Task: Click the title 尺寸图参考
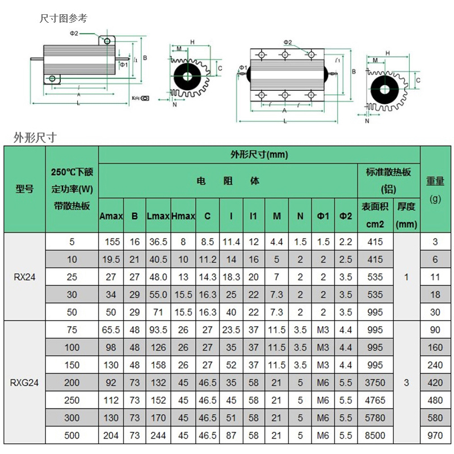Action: pos(64,19)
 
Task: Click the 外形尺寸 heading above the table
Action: pos(35,137)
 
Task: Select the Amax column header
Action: pos(111,216)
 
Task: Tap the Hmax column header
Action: pos(183,216)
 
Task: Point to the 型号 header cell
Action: pos(24,189)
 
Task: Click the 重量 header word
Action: pos(435,182)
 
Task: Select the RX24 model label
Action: pos(24,277)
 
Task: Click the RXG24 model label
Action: pos(24,382)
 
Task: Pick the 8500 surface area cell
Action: pos(375,435)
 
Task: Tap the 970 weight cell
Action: pos(435,435)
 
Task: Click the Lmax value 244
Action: pos(158,435)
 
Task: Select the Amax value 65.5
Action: pos(111,330)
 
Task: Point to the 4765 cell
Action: pos(375,400)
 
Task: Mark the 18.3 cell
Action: pos(231,277)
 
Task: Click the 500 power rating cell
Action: pos(72,435)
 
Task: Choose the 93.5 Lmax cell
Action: pos(158,330)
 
